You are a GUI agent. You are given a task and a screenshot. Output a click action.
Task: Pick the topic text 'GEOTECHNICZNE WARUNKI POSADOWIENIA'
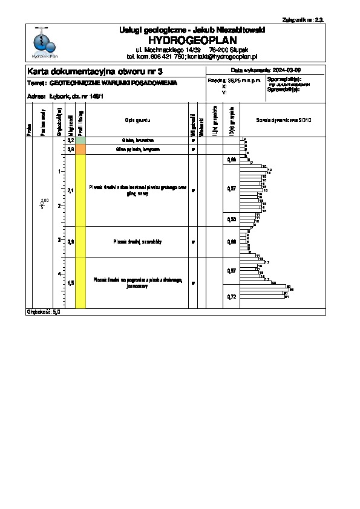[113, 83]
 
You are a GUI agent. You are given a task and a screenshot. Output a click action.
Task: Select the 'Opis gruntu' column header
[137, 120]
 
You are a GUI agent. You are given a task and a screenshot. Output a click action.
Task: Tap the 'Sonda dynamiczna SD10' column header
[283, 120]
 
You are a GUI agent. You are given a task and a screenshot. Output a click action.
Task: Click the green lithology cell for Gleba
[80, 140]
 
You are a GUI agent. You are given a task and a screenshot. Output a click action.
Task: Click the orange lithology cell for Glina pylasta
[80, 149]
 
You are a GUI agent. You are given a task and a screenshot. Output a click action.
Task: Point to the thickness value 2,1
[71, 190]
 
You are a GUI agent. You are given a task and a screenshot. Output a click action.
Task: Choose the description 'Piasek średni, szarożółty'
[137, 242]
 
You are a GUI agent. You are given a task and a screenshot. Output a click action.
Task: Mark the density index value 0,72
[231, 297]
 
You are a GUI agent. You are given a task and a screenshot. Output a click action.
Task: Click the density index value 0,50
[231, 219]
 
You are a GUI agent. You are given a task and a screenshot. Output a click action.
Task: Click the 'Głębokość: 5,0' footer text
[44, 313]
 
